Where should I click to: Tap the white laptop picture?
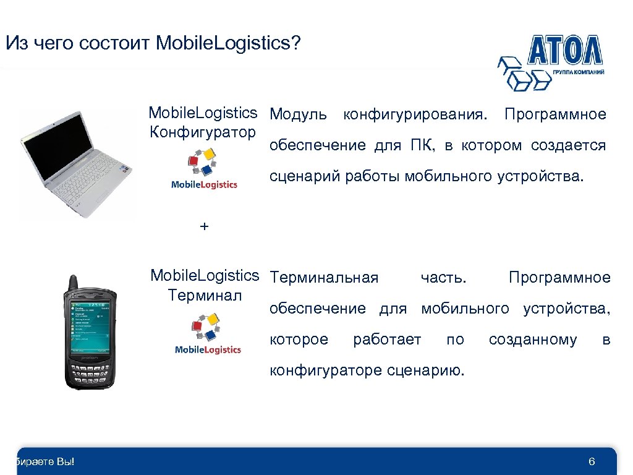coord(77,164)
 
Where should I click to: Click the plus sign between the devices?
coord(205,227)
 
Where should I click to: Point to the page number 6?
coord(592,462)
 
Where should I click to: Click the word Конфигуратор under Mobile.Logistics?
coord(203,132)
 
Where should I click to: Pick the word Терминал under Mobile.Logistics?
coord(205,295)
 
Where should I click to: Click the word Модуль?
coord(299,114)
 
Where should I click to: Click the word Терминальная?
coord(325,278)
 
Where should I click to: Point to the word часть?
coord(443,278)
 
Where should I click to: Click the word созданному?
coord(533,340)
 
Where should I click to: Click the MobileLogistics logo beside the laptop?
coord(203,170)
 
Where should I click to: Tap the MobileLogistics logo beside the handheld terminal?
coord(208,335)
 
